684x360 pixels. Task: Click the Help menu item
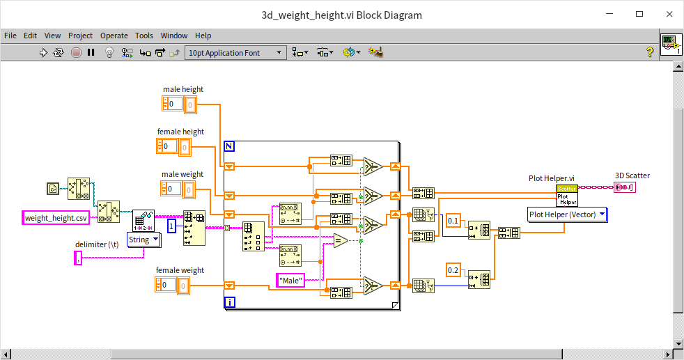(x=203, y=36)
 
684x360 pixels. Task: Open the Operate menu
(x=114, y=36)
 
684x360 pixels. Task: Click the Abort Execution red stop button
(x=76, y=52)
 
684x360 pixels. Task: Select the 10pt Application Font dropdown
(x=235, y=53)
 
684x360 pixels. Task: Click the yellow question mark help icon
(x=649, y=52)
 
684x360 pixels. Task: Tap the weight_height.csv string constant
(x=56, y=218)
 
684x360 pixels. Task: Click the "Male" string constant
(x=290, y=280)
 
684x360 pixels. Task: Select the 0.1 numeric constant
(x=453, y=221)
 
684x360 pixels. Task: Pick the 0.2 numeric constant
(x=453, y=270)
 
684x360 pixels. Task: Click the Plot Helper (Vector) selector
(x=567, y=214)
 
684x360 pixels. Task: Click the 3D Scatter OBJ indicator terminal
(x=625, y=187)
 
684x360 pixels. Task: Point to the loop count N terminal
(x=230, y=146)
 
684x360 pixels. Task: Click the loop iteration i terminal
(x=230, y=302)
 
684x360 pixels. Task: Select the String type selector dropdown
(x=144, y=240)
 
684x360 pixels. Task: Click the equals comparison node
(x=340, y=241)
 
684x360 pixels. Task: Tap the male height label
(x=183, y=89)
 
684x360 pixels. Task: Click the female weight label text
(x=180, y=270)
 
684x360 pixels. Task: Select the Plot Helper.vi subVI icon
(x=566, y=195)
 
